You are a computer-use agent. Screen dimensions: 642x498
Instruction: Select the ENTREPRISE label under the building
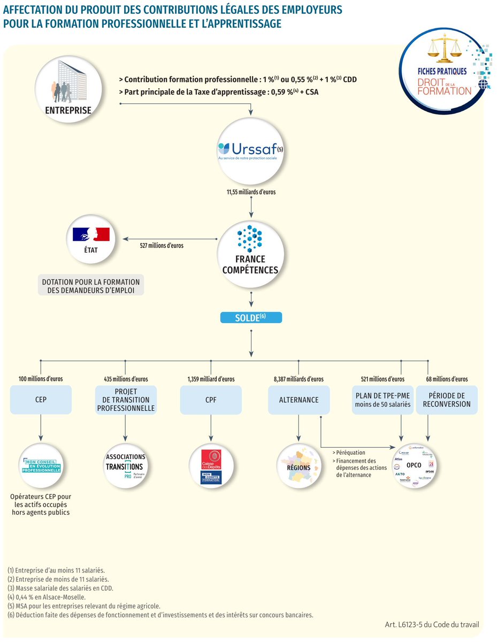pyautogui.click(x=67, y=111)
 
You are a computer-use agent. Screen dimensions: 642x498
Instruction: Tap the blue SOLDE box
pyautogui.click(x=250, y=317)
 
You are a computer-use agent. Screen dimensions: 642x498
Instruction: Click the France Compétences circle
pyautogui.click(x=250, y=251)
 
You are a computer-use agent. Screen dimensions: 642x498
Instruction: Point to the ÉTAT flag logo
pyautogui.click(x=90, y=234)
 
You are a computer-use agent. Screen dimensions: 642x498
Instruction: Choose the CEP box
pyautogui.click(x=41, y=400)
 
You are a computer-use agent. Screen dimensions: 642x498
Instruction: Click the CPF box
pyautogui.click(x=211, y=400)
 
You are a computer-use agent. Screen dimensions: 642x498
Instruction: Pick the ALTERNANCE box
pyautogui.click(x=298, y=400)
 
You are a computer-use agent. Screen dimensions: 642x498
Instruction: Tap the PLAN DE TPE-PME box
pyautogui.click(x=382, y=400)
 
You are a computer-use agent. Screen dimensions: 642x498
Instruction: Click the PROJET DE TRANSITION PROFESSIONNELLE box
pyautogui.click(x=126, y=400)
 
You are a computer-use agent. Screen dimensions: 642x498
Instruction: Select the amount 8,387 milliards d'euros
pyautogui.click(x=298, y=379)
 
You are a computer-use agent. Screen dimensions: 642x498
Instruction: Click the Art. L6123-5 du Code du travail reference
pyautogui.click(x=432, y=624)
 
